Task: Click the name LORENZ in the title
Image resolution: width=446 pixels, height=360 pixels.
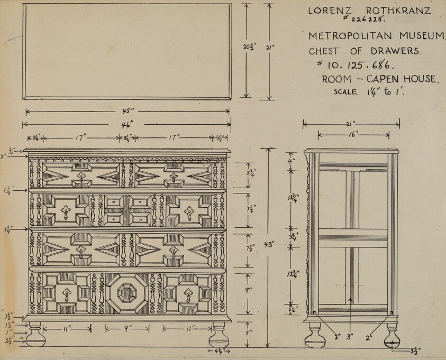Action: [327, 10]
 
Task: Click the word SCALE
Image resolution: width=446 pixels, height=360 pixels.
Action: [345, 91]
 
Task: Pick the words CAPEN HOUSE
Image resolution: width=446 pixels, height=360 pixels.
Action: [399, 79]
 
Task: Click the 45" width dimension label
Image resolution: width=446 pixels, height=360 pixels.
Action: [128, 112]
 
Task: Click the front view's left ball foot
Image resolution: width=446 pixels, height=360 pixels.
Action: [35, 335]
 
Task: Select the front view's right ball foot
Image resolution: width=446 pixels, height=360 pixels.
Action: [219, 335]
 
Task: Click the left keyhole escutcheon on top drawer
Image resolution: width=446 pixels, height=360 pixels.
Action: [81, 177]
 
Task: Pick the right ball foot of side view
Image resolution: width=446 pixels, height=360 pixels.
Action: [392, 334]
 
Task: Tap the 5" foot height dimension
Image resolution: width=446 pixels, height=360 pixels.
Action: [249, 333]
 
